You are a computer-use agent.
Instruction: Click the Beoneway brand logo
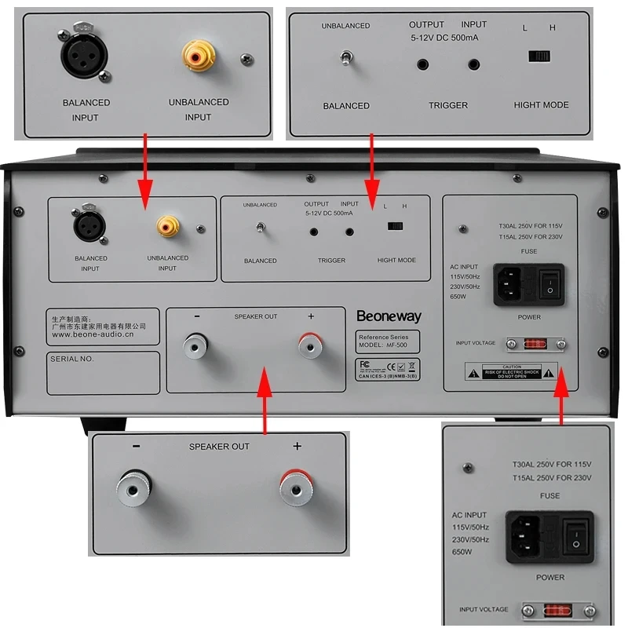[x=389, y=316]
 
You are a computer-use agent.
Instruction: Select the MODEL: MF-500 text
[x=387, y=345]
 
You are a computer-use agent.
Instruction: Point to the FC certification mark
[x=363, y=364]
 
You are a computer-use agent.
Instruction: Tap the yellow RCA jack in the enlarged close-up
[x=197, y=56]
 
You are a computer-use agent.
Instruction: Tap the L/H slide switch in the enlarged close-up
[x=539, y=56]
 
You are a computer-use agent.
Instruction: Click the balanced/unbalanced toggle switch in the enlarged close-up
[x=345, y=58]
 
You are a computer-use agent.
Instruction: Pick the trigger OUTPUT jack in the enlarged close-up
[x=423, y=64]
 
